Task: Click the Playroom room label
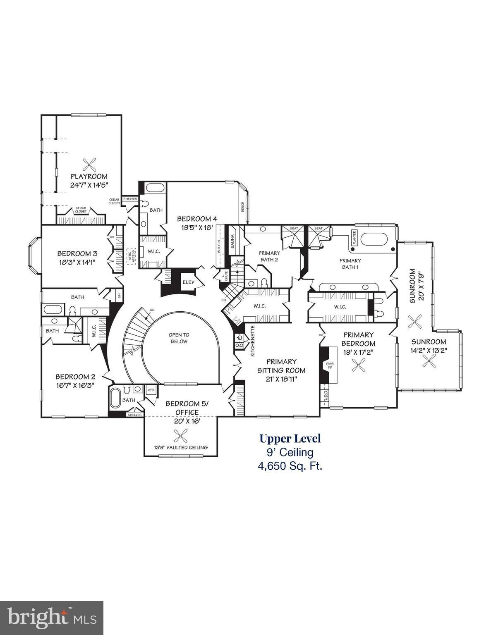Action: pos(89,177)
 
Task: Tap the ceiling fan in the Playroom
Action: pos(89,164)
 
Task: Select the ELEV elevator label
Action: pos(188,282)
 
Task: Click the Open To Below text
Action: pos(179,338)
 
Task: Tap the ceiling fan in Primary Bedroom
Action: pos(358,365)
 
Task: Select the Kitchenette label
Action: pos(252,341)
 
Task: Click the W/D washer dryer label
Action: pos(151,389)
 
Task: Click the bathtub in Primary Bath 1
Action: pos(374,239)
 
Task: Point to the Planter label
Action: pos(354,238)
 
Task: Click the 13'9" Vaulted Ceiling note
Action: pos(181,447)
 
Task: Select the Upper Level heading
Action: pos(290,438)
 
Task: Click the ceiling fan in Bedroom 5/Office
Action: pos(180,435)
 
